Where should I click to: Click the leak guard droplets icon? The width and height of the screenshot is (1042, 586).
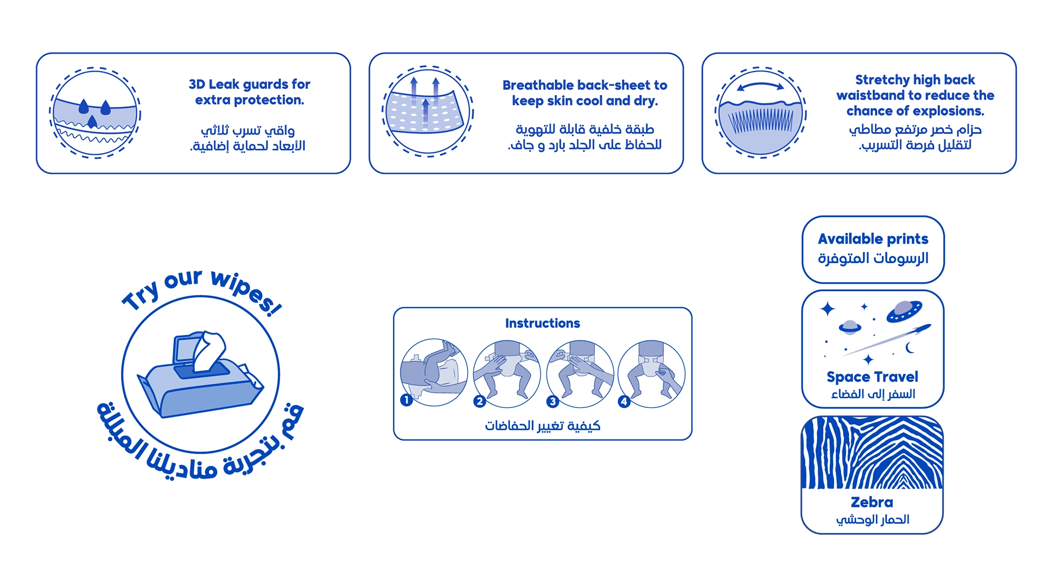(95, 113)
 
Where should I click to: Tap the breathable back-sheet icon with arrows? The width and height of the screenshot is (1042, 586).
(428, 112)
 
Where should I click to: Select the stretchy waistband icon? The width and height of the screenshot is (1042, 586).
(761, 112)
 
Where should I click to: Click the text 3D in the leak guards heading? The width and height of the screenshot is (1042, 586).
(196, 85)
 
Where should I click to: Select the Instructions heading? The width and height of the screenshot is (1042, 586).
(543, 323)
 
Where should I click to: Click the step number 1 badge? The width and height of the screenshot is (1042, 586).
(406, 400)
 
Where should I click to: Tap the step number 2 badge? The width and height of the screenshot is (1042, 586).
(479, 401)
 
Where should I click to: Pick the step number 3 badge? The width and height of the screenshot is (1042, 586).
(552, 401)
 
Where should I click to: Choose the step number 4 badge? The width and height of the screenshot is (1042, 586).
(624, 401)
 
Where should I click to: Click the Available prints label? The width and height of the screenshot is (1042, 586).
(873, 239)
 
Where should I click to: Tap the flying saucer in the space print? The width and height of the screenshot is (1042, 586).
(904, 311)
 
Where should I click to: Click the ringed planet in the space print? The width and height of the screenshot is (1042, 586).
(850, 327)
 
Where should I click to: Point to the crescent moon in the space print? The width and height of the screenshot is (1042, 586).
(910, 348)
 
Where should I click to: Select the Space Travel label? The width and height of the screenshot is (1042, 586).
(873, 377)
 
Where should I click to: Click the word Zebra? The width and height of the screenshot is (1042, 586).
(872, 502)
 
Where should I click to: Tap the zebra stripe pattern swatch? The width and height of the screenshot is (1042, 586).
(873, 453)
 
